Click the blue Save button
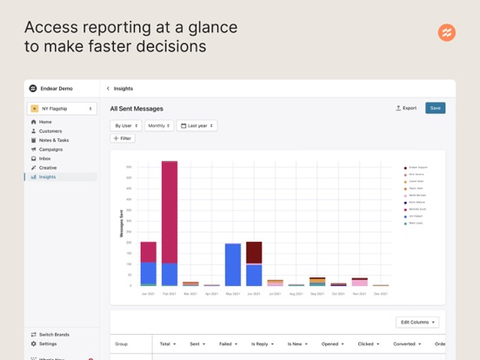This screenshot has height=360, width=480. (x=435, y=108)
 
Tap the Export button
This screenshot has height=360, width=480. (x=406, y=108)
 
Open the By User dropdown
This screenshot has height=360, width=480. (x=125, y=125)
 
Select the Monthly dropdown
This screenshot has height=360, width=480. (x=158, y=125)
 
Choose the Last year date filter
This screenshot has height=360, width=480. (x=197, y=125)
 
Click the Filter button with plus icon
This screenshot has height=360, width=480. (x=123, y=138)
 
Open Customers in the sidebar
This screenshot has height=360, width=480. (x=50, y=131)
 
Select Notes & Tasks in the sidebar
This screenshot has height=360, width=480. (x=53, y=140)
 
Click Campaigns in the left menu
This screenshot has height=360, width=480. (x=50, y=150)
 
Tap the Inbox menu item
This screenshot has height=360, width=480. (x=44, y=158)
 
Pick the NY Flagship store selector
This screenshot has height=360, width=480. (x=62, y=109)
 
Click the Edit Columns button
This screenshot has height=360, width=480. (x=417, y=322)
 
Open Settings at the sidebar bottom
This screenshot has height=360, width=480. (x=48, y=343)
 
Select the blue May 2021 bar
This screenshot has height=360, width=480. (x=233, y=264)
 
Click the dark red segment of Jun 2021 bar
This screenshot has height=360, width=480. (x=254, y=252)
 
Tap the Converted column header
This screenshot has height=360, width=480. (x=404, y=343)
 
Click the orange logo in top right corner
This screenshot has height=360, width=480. (x=446, y=33)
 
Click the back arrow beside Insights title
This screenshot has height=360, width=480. (x=108, y=88)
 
